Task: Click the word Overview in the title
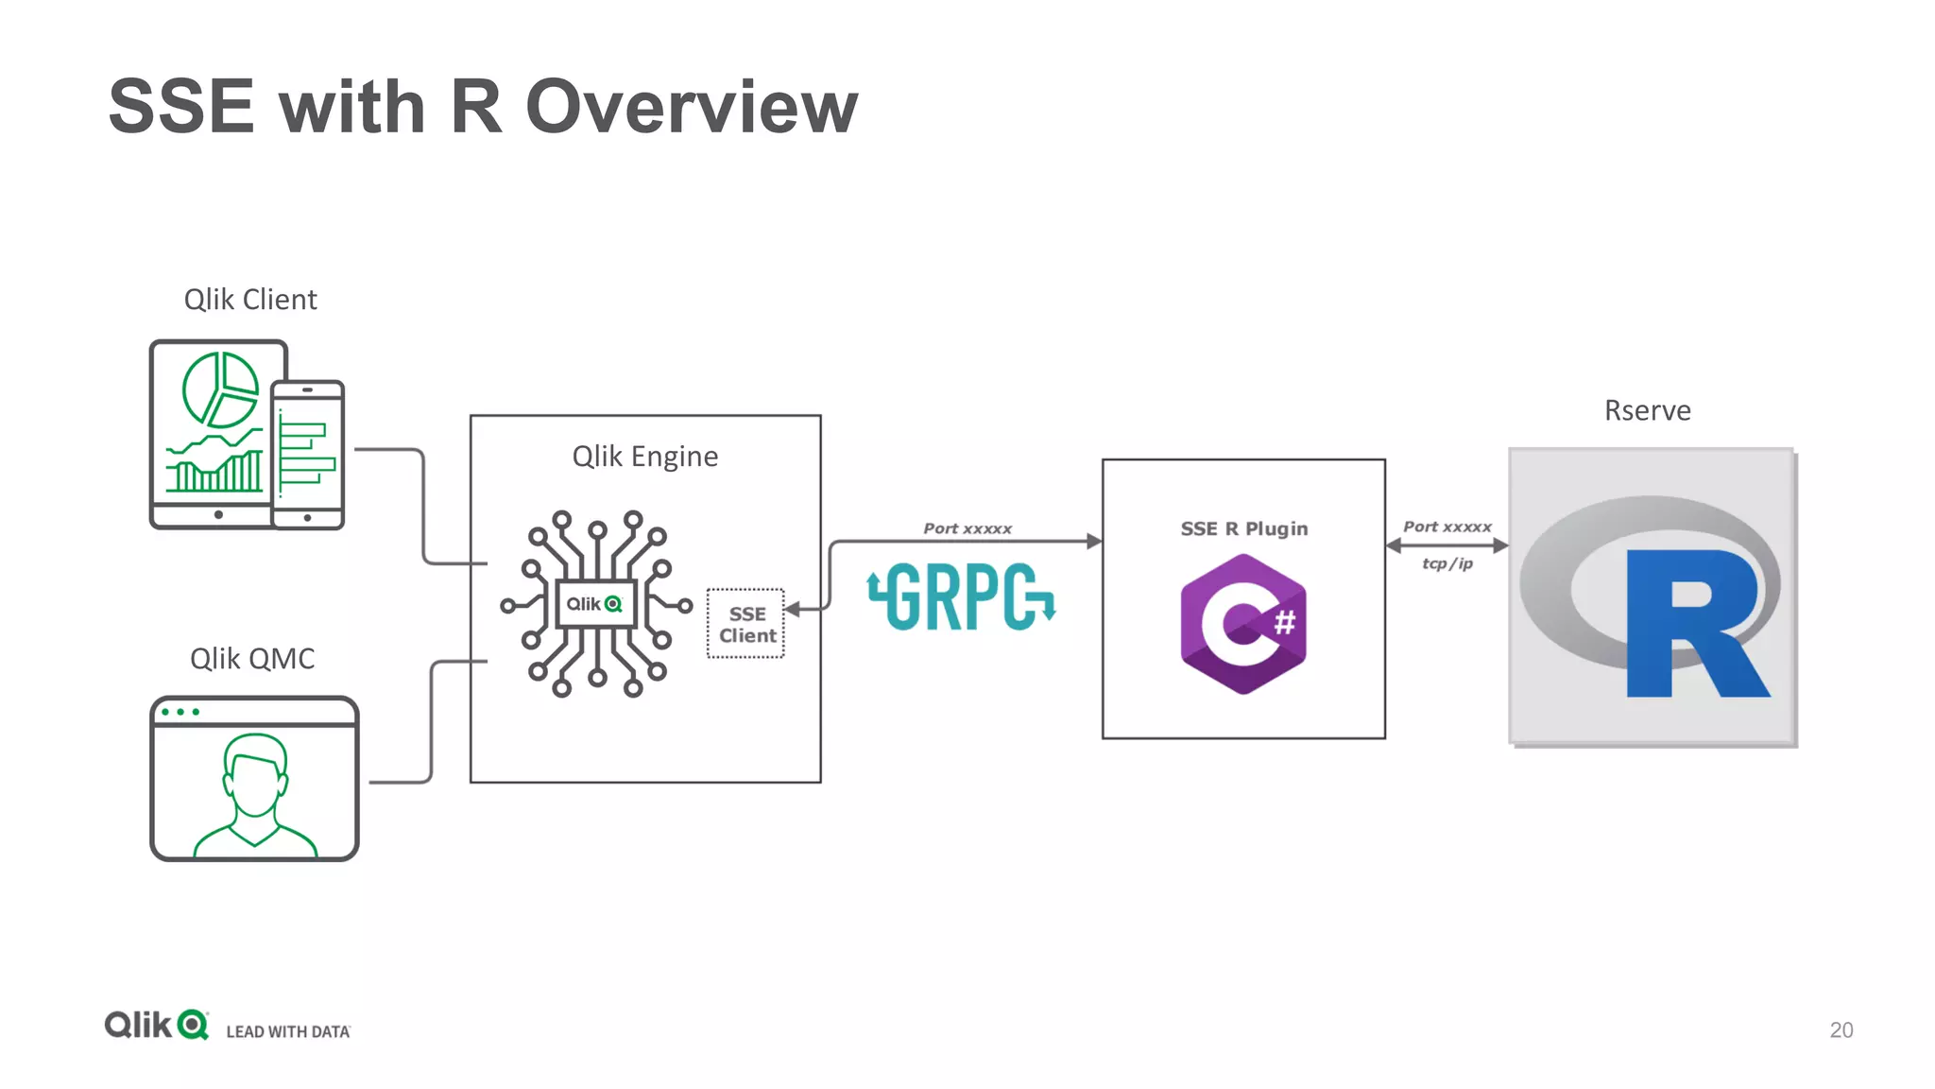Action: (x=691, y=107)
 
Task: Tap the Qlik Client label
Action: (x=250, y=300)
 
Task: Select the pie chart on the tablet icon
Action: (x=220, y=389)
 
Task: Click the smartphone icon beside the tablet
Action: (x=308, y=454)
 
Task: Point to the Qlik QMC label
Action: (x=252, y=659)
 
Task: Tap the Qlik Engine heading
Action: (x=645, y=457)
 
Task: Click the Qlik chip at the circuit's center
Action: (x=594, y=604)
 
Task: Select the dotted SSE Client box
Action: (x=746, y=624)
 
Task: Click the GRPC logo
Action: (x=961, y=596)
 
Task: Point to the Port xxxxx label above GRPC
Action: (x=967, y=528)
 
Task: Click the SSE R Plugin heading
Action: (x=1243, y=528)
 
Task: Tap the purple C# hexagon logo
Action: (x=1243, y=624)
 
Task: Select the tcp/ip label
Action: (x=1447, y=563)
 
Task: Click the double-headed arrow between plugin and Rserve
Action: (x=1447, y=545)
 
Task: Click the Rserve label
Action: (x=1647, y=410)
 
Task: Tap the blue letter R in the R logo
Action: (x=1691, y=624)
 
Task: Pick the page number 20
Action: (x=1841, y=1029)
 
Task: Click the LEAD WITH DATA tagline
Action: (x=288, y=1031)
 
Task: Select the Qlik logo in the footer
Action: (x=156, y=1025)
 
